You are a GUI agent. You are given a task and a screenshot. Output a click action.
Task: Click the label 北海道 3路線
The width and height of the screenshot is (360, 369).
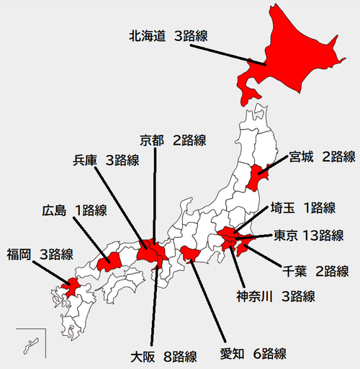point(168,35)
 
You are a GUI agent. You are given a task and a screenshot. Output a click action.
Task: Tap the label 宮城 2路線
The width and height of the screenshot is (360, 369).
point(322,156)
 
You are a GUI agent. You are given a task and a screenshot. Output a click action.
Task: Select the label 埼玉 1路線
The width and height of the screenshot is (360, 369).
point(302,208)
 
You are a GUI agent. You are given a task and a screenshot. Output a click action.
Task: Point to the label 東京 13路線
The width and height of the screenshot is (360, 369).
point(308,235)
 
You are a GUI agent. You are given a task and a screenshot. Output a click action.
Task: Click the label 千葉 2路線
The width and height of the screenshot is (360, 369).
point(315,271)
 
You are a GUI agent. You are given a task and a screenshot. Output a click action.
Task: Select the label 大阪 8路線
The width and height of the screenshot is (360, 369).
point(163,356)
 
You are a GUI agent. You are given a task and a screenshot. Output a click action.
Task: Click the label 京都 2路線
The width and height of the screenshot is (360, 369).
point(173,140)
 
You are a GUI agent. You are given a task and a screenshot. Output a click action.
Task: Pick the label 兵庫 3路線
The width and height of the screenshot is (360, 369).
point(106,160)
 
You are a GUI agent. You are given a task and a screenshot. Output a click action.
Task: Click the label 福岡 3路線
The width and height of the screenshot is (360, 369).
point(40,254)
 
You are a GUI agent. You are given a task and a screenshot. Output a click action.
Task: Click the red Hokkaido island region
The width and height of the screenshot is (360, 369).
point(288,50)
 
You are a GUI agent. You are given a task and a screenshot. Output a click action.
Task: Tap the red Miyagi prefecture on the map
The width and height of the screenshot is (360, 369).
point(258,174)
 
